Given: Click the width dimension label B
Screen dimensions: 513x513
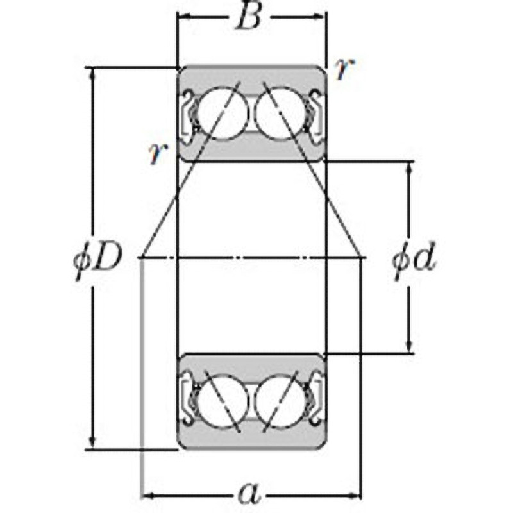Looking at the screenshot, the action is point(249,17).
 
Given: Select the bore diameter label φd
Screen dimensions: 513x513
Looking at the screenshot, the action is point(414,259).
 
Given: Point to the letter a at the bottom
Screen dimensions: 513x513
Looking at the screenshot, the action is point(250,493).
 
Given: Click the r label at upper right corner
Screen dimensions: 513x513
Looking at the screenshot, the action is point(344,69).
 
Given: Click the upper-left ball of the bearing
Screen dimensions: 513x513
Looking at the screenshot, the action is point(223,114).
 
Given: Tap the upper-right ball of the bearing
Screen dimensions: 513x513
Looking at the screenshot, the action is point(280,114).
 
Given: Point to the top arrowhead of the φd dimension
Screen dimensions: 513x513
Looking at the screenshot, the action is point(408,169).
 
